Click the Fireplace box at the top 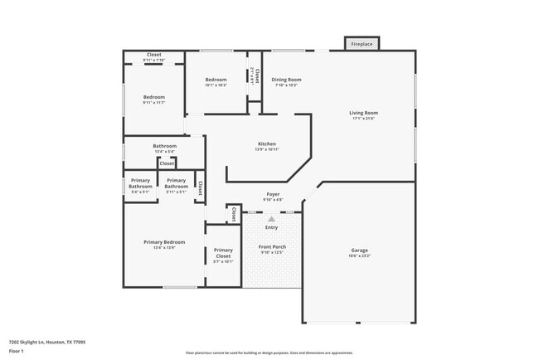point(362,44)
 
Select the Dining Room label point(286,80)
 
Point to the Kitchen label point(266,144)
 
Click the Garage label point(359,251)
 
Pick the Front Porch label point(271,247)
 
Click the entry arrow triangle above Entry point(271,218)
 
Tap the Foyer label point(273,193)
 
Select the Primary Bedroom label point(163,242)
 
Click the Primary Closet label point(223,253)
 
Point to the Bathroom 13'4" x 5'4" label point(164,146)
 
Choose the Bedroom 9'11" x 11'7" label point(153,97)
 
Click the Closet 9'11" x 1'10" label point(153,55)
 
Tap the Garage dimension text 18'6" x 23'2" point(359,256)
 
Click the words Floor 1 point(17,351)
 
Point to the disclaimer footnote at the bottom point(269,353)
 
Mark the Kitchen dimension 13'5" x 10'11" point(266,149)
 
